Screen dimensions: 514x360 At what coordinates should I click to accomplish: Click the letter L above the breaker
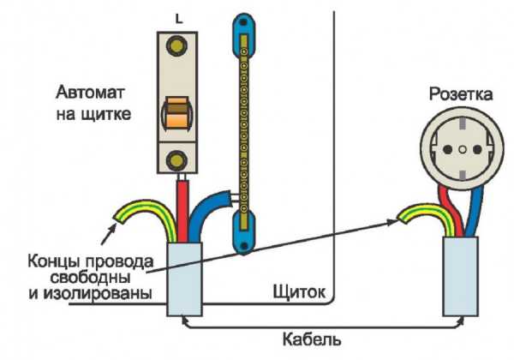[x=179, y=20]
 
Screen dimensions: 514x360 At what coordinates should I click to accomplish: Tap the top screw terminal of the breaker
[x=176, y=45]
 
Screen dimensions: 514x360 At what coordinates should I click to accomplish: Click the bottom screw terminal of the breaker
[x=176, y=160]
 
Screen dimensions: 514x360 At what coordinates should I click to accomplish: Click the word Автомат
[x=91, y=93]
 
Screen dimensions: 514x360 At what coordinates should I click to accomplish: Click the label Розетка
[x=461, y=94]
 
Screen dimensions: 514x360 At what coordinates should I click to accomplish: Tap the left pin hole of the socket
[x=447, y=150]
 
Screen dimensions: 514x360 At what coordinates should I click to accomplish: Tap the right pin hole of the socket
[x=477, y=150]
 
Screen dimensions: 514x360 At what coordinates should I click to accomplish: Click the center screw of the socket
[x=463, y=150]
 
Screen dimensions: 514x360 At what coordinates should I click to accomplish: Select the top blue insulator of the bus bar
[x=243, y=34]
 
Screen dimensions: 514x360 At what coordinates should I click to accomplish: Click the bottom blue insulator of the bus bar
[x=243, y=232]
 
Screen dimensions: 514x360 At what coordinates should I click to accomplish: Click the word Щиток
[x=299, y=291]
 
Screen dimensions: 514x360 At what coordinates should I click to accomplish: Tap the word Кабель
[x=312, y=339]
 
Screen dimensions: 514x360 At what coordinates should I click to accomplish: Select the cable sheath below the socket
[x=460, y=276]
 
